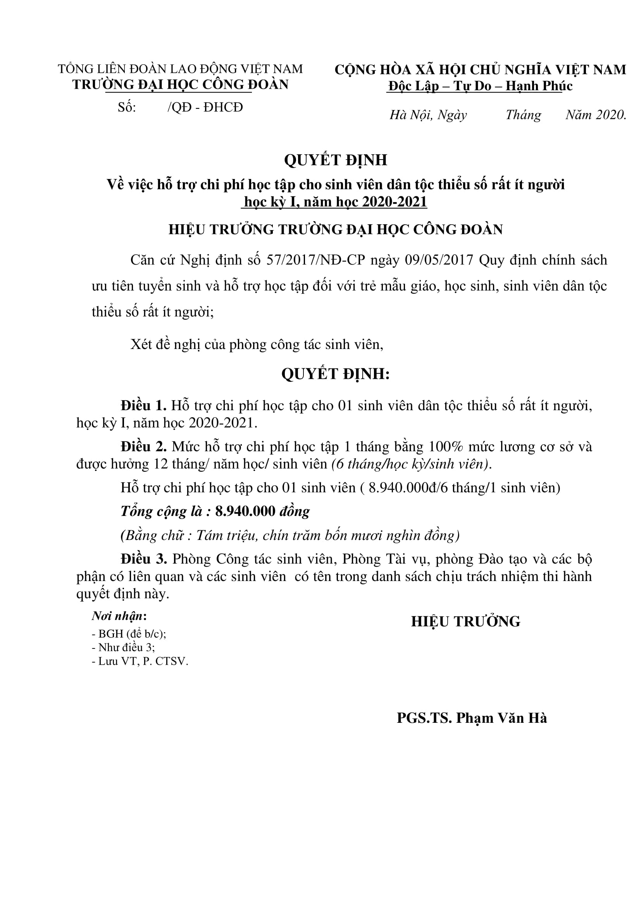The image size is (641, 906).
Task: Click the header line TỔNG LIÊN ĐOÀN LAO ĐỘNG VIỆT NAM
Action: (180, 69)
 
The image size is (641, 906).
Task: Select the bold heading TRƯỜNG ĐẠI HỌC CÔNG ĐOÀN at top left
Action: (180, 85)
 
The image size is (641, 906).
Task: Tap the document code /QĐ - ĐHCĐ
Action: (205, 107)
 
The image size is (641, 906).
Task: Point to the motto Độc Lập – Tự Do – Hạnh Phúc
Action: (480, 86)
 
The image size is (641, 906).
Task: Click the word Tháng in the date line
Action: (523, 115)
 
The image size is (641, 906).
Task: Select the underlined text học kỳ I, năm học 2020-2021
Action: (335, 202)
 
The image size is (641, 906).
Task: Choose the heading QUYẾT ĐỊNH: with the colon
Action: (335, 374)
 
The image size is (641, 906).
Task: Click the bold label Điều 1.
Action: (144, 406)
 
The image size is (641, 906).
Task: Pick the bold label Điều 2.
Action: (144, 447)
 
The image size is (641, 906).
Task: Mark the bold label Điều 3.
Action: (144, 559)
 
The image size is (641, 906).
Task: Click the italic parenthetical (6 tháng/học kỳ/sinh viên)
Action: (411, 464)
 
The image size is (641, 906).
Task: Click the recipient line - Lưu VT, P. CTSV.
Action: (140, 661)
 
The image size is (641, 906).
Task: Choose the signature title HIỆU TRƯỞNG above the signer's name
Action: (465, 621)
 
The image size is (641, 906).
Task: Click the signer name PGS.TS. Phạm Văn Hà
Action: (472, 718)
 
